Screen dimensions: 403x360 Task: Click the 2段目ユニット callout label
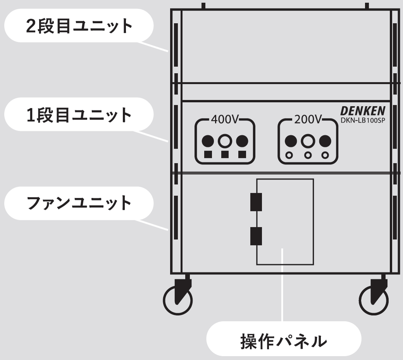(79, 26)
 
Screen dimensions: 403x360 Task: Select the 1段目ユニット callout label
(79, 115)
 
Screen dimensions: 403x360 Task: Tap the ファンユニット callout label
(79, 203)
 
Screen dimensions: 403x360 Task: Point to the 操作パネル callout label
(284, 339)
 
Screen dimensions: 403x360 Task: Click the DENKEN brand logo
(363, 111)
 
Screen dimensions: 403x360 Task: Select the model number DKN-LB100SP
(363, 120)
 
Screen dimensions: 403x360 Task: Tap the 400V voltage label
(225, 119)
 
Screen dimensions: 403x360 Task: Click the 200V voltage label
(308, 119)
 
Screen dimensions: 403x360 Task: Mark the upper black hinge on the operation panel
(256, 202)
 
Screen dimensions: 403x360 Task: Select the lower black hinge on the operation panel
(256, 236)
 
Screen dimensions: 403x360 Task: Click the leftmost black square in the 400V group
(208, 154)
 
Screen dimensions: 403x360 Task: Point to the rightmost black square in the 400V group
(242, 154)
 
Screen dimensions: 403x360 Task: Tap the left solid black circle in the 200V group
(291, 141)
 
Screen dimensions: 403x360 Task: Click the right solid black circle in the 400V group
(242, 141)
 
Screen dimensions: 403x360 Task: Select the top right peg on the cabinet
(367, 6)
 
